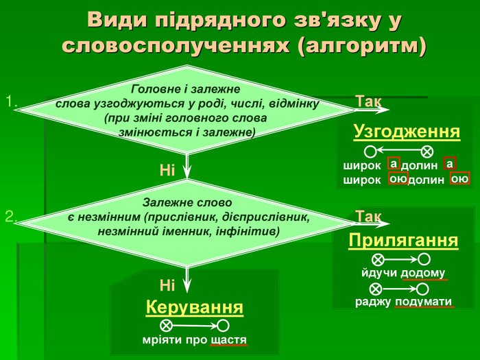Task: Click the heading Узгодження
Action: click(407, 132)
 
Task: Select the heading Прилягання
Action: click(403, 241)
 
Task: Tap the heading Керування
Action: click(194, 307)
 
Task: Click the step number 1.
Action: click(12, 101)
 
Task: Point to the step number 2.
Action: click(11, 217)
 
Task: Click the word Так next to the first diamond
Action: click(369, 101)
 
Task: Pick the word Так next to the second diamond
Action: click(369, 217)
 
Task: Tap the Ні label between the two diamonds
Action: click(167, 170)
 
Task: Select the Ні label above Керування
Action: click(167, 286)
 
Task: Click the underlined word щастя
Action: click(228, 340)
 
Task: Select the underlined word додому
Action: click(423, 273)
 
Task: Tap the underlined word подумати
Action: click(423, 302)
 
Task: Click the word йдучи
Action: click(379, 272)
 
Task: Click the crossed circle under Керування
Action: click(166, 326)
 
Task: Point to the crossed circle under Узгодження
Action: click(427, 152)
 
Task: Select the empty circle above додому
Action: click(424, 259)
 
